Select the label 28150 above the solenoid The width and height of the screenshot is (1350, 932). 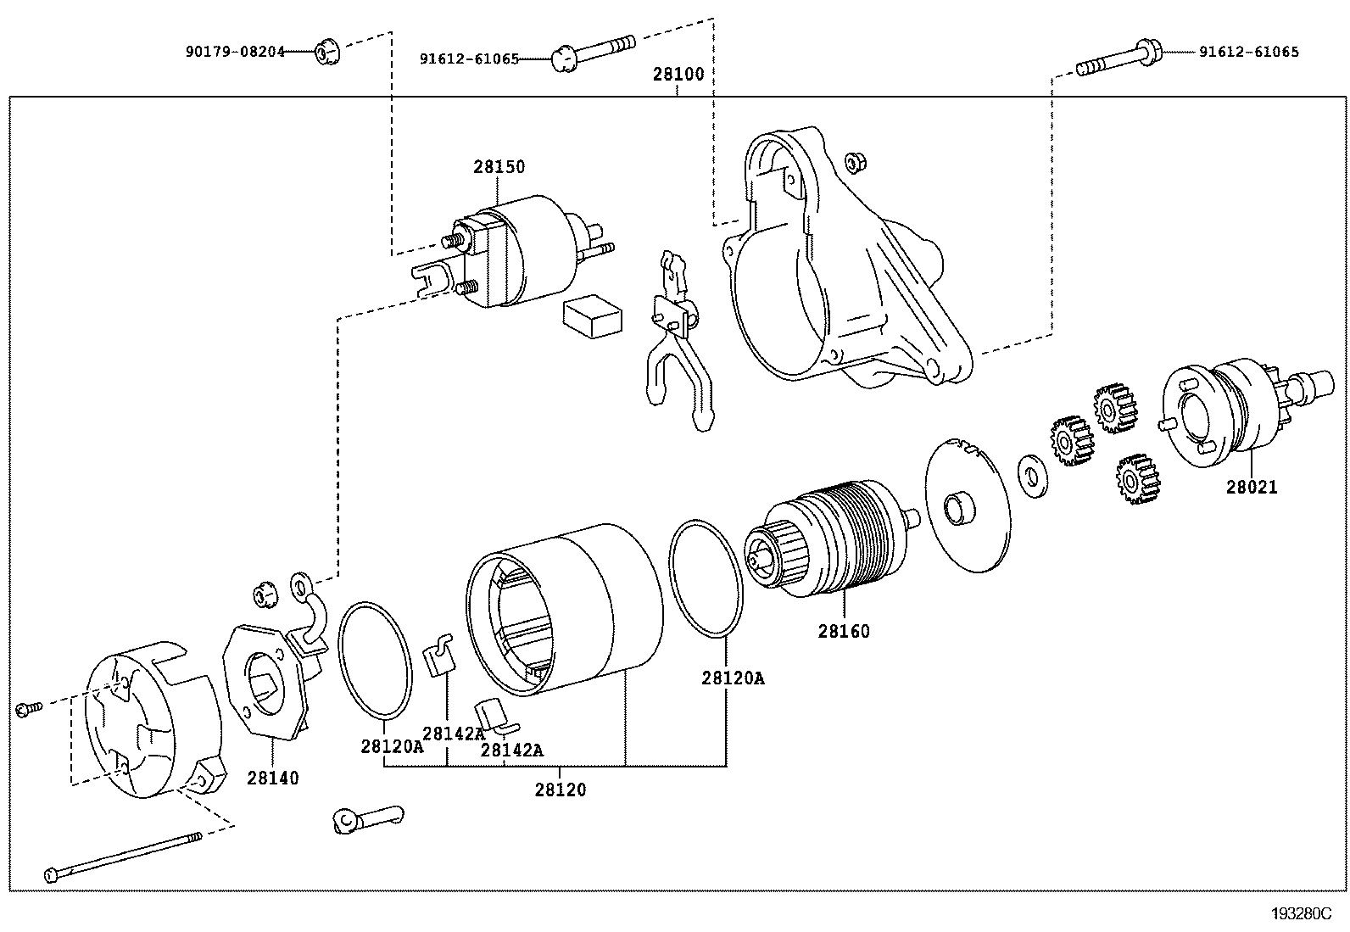click(x=499, y=167)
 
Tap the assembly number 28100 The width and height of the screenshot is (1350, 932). click(x=678, y=74)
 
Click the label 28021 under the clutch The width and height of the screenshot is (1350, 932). click(x=1251, y=488)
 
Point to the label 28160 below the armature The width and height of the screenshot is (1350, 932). click(x=844, y=632)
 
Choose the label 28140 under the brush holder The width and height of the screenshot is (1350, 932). click(x=273, y=778)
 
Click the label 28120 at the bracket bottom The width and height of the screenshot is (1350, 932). click(x=560, y=790)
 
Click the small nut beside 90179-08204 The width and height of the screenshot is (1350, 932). click(x=324, y=53)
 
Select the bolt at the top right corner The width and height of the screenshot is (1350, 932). click(x=1119, y=61)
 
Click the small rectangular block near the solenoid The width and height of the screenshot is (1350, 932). click(x=592, y=317)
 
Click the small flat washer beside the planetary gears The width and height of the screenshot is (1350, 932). click(x=1031, y=474)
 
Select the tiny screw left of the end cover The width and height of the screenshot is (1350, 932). click(x=27, y=706)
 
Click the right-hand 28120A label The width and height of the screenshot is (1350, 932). click(x=733, y=678)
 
